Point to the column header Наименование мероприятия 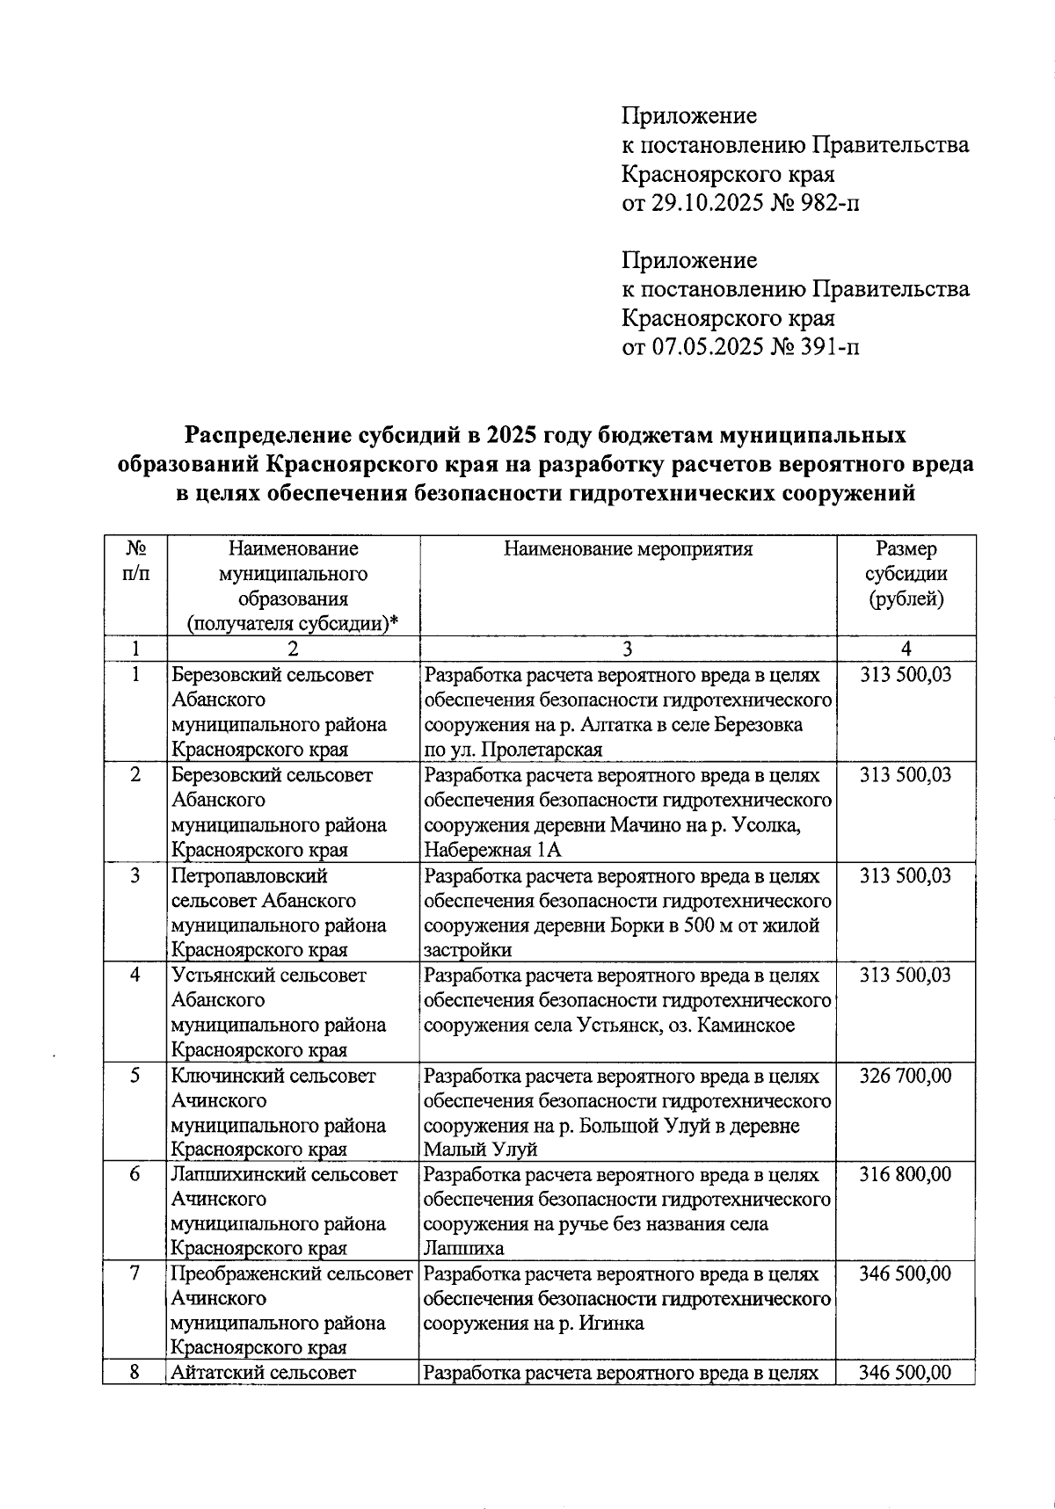coord(628,549)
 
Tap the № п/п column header coord(135,561)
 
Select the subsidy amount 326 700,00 coord(906,1076)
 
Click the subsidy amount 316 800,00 coord(906,1174)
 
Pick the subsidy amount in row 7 coord(906,1273)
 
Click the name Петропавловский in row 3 coord(250,876)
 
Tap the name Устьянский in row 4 coord(225,976)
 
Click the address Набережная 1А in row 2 coord(492,850)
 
